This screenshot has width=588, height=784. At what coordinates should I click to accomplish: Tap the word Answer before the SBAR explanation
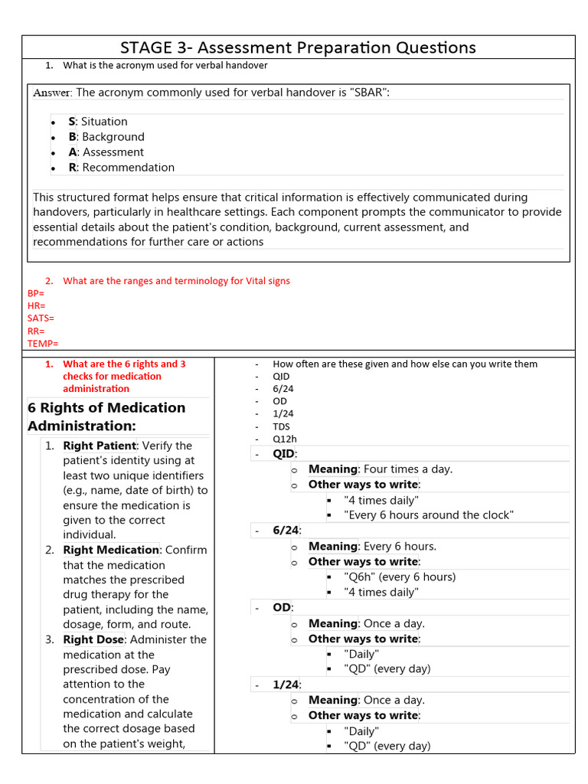[52, 93]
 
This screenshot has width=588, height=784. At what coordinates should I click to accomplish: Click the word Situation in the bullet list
[104, 122]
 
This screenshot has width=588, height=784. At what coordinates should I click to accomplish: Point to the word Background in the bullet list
[113, 137]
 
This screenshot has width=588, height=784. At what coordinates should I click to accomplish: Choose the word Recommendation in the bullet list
[128, 168]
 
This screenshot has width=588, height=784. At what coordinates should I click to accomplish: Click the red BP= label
[36, 293]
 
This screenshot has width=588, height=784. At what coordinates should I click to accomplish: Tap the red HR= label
[36, 305]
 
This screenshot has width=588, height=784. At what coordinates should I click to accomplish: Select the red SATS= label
[41, 318]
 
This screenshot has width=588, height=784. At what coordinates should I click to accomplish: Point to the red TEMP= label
[43, 344]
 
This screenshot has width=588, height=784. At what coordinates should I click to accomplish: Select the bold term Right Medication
[111, 550]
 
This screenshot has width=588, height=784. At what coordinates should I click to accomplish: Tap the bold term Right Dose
[93, 639]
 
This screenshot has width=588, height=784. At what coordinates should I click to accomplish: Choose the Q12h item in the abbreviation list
[284, 439]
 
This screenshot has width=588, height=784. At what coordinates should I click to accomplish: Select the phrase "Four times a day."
[408, 469]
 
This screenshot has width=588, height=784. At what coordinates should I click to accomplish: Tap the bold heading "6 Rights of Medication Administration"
[106, 416]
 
